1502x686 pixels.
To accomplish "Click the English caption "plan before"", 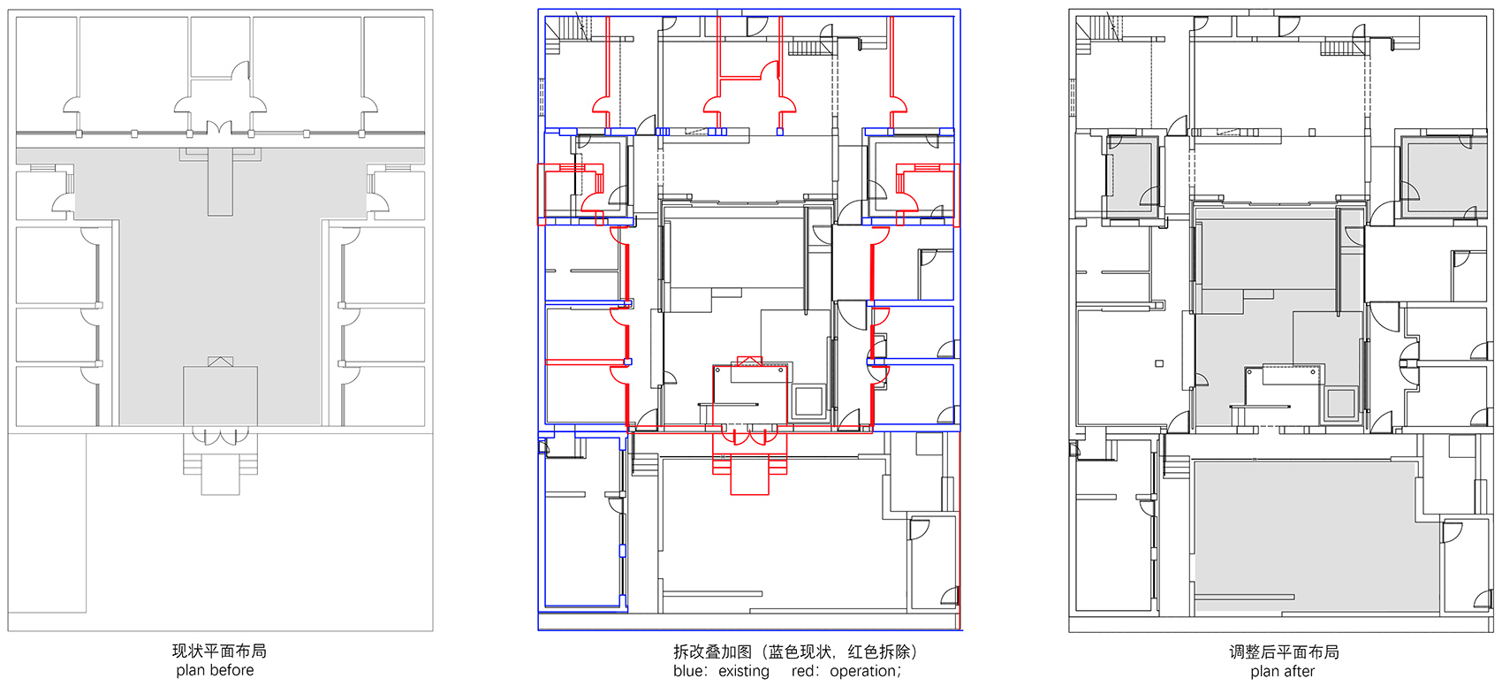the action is [215, 670].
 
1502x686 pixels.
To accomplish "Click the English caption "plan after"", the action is [1282, 671].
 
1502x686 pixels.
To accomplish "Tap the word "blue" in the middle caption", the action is [687, 671].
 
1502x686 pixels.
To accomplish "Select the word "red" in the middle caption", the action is [802, 671].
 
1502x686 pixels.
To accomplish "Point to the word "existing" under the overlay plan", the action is [744, 671].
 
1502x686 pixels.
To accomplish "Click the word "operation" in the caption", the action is [863, 671].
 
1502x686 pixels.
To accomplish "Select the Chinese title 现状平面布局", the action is [219, 651].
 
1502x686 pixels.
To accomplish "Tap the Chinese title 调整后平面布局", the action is [1284, 652].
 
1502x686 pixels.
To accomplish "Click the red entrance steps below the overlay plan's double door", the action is [749, 473].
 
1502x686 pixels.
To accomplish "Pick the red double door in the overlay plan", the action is [749, 437].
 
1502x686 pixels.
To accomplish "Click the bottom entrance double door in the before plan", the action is [220, 437].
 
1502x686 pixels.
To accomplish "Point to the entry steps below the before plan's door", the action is [220, 473].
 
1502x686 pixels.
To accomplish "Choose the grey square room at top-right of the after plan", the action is [1443, 176].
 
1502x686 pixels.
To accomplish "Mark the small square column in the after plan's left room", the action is [1158, 364].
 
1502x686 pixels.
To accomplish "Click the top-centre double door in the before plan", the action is [219, 128].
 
